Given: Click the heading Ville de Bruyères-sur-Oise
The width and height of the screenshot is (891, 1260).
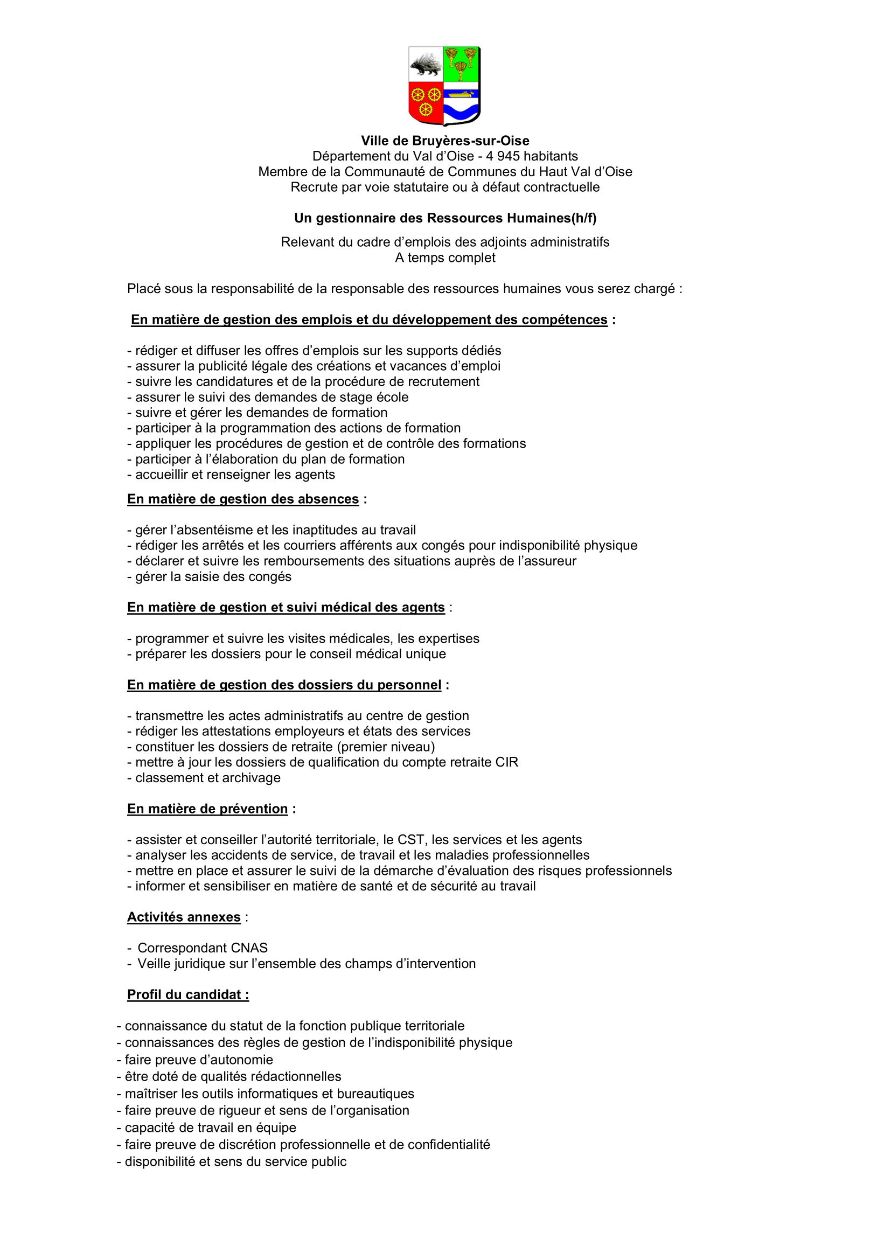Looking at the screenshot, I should pos(445,141).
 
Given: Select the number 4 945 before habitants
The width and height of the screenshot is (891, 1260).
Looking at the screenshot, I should pos(502,156).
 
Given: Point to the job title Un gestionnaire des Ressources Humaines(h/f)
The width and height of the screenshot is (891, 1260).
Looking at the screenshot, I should pos(445,218).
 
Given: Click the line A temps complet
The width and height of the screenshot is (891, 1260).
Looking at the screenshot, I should pos(445,258).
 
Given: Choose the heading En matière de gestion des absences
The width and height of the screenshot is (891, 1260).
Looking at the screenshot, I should pos(243,499).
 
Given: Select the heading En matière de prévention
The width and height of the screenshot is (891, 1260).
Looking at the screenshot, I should pos(207,809).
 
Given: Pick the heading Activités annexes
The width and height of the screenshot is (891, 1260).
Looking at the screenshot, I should pos(184,917).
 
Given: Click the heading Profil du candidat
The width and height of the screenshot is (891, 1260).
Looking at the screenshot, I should pos(187,995).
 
